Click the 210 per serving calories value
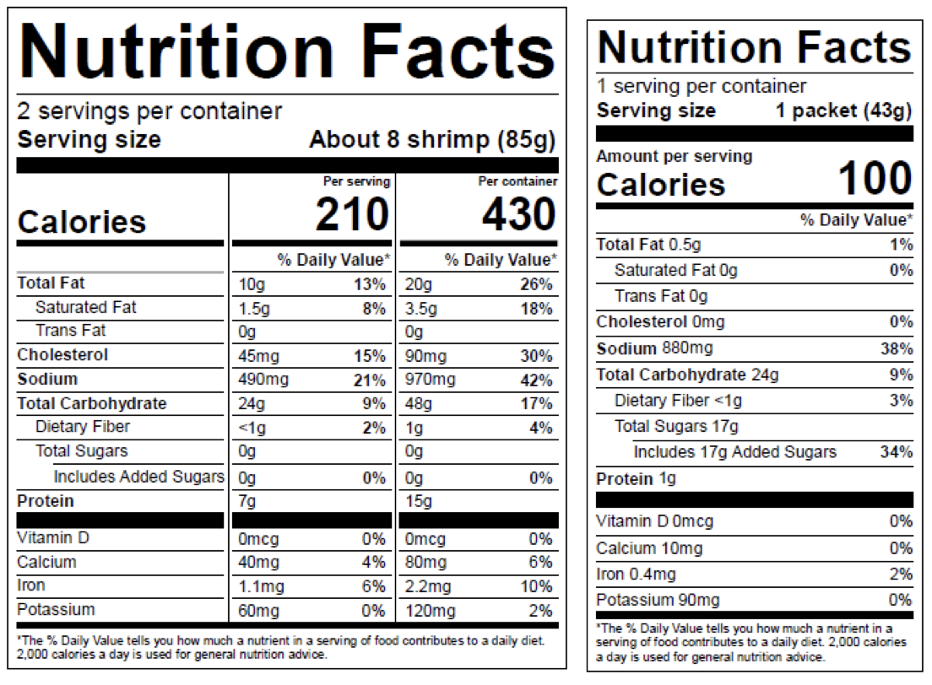coord(352,215)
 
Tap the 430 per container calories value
coord(519,215)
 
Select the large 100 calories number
coord(875,179)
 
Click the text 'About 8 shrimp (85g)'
coord(432,139)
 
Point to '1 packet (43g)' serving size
coord(844,111)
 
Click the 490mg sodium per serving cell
coord(263,380)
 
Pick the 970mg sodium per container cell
coord(431,380)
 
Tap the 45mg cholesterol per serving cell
coord(260,355)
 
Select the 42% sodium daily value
coord(537,380)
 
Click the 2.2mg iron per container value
coord(428,586)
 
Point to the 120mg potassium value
coord(431,611)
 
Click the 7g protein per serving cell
coord(247,502)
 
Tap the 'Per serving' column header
coord(357,181)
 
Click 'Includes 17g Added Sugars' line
coord(734,452)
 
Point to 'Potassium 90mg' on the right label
coord(658,600)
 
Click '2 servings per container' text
coord(150,111)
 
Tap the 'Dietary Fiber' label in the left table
coord(83,427)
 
